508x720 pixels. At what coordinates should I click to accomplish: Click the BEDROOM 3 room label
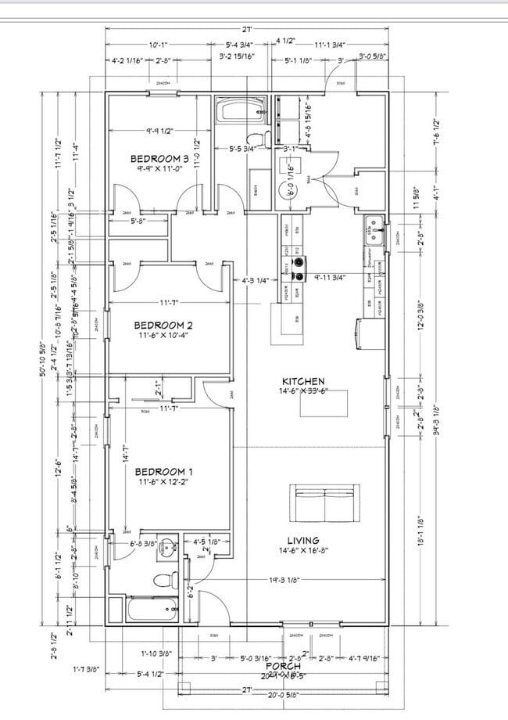point(160,158)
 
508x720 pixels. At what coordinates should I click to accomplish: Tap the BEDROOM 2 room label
point(163,325)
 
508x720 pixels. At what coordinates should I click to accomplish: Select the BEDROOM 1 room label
point(163,471)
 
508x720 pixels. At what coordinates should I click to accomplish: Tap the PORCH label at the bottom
point(283,665)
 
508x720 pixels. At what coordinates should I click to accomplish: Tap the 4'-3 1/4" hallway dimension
point(256,279)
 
